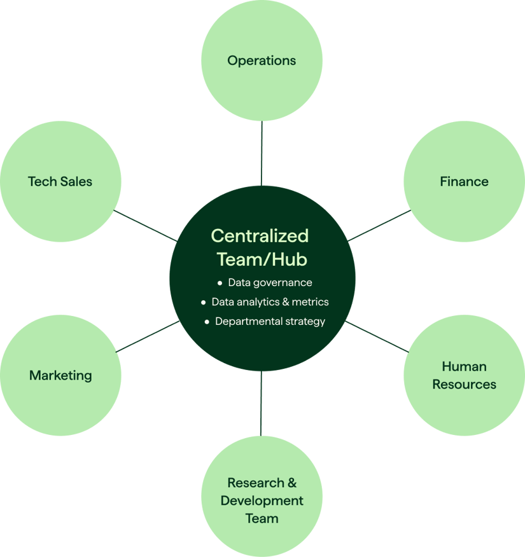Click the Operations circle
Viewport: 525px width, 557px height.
pos(262,61)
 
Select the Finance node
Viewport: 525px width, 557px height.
pos(464,182)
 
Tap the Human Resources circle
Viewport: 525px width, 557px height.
pos(464,375)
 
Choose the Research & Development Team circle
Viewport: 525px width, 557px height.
pos(262,500)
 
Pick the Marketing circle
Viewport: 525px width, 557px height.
pos(60,375)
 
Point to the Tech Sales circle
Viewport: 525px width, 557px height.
pos(60,182)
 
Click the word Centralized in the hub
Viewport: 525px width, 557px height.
pos(260,236)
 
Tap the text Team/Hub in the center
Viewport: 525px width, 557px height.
pos(262,259)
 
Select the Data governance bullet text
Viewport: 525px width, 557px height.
pos(270,282)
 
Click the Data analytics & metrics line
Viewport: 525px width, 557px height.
pos(270,302)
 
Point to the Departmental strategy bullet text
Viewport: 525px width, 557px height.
pos(270,322)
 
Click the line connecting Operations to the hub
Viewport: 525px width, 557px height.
pos(262,153)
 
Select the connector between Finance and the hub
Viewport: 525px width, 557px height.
pos(379,226)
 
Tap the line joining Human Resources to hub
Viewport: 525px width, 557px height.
pos(377,336)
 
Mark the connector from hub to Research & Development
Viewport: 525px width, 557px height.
pos(261,404)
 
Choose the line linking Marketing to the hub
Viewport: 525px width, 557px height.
pos(148,336)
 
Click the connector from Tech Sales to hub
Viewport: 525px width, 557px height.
pos(145,226)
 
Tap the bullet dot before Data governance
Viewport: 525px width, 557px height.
pos(220,282)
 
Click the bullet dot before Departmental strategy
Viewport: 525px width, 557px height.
pos(207,322)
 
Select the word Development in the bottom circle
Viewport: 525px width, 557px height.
pos(262,500)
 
